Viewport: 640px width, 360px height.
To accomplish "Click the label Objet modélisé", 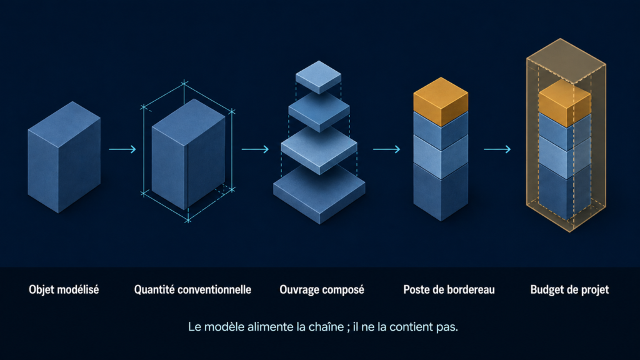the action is click(64, 290).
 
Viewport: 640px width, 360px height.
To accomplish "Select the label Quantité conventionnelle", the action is click(192, 290).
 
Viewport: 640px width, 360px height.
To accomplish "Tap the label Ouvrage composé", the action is click(322, 290).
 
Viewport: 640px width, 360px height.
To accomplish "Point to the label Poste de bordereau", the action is click(449, 290).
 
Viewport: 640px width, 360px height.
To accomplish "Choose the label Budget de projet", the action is click(569, 290).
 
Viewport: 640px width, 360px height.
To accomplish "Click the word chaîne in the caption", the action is click(327, 327).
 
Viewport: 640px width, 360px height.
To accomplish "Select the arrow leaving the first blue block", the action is click(122, 149).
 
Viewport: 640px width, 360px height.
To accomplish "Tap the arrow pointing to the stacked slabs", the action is click(255, 149).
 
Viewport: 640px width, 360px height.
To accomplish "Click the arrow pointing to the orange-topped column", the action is click(386, 149).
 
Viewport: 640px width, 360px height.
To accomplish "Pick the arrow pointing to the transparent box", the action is click(497, 149).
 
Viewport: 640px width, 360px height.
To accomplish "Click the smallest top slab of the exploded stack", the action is click(318, 77).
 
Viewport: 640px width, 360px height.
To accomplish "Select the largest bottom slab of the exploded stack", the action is click(319, 194).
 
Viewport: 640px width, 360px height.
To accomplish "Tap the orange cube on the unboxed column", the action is click(441, 101).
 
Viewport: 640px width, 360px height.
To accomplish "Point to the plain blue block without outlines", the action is click(64, 157).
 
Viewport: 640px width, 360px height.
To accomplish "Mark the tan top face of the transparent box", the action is click(566, 61).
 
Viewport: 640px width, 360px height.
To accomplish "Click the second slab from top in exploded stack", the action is click(319, 111).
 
